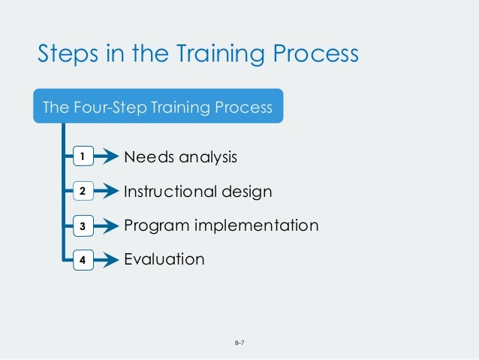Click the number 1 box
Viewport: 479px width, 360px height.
pos(82,157)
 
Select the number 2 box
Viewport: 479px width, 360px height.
pos(82,192)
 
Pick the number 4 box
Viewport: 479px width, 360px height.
pos(82,261)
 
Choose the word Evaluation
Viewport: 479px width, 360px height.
pos(164,259)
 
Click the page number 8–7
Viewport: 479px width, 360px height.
pos(240,343)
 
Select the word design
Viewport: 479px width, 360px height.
pos(247,192)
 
